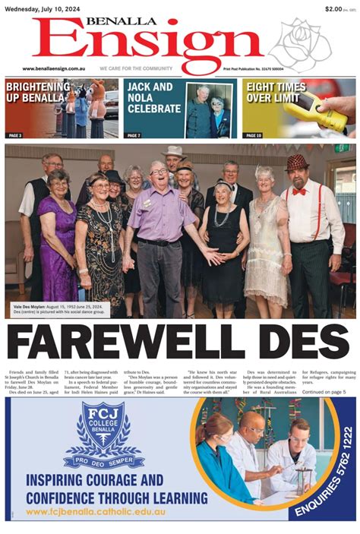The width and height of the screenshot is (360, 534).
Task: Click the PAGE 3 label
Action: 15,135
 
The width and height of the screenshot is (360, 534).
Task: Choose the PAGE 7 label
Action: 134,135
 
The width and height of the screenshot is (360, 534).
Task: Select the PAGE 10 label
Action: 254,135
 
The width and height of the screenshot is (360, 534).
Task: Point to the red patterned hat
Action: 296,162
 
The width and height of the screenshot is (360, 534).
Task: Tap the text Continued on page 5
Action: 324,392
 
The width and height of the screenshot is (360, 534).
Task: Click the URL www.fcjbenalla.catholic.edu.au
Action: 90,510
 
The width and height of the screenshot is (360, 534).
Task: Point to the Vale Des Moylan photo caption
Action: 58,309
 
